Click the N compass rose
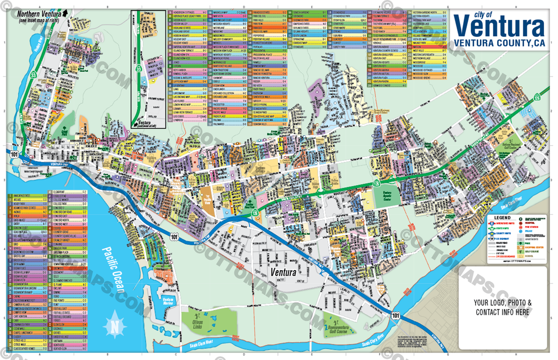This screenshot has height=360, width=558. point(114,326)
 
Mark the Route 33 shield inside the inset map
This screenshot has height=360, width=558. point(139,68)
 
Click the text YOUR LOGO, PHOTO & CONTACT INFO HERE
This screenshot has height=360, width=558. point(502,307)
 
